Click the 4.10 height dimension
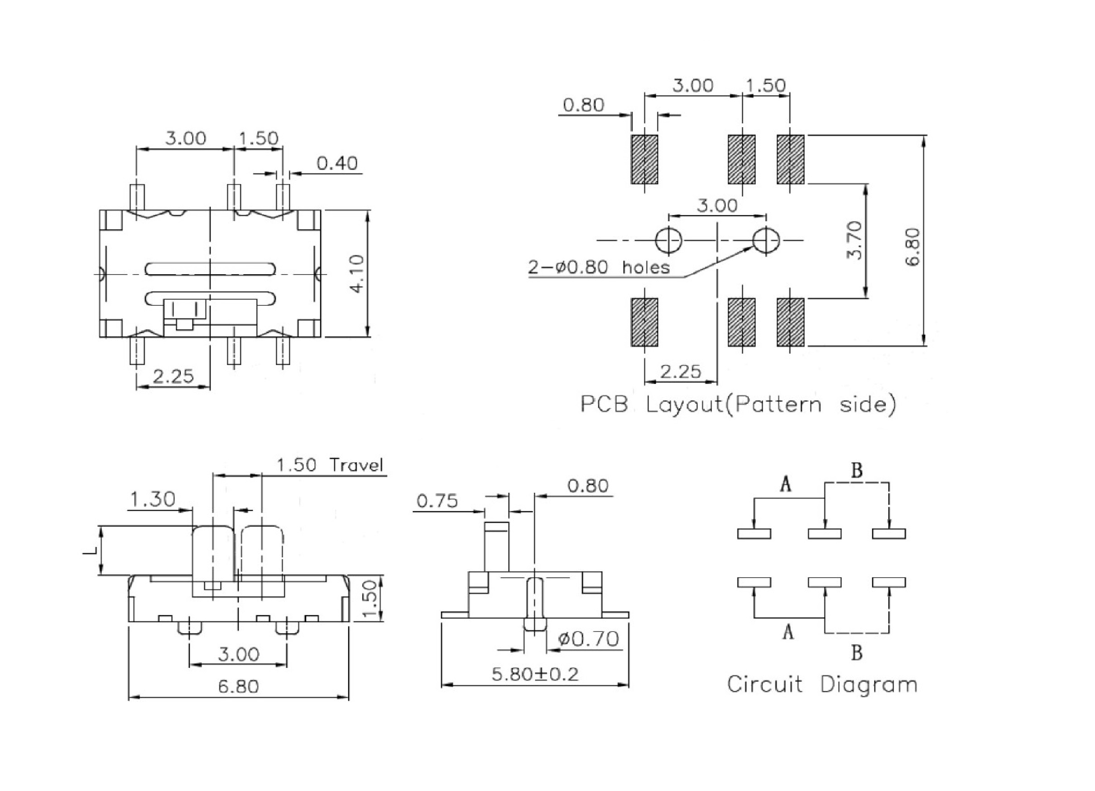point(358,273)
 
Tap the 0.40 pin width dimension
point(337,163)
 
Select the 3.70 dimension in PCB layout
point(854,240)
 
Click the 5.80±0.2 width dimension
point(535,674)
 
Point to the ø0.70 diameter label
point(588,639)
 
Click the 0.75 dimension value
point(437,501)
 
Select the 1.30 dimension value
point(153,499)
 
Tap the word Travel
point(356,465)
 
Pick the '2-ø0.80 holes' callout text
point(599,267)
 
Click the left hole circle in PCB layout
point(669,240)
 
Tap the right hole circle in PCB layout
point(766,240)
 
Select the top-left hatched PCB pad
point(644,159)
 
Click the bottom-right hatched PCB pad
point(790,322)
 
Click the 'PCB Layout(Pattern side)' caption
point(738,404)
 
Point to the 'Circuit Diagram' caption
point(822,684)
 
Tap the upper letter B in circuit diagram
point(857,470)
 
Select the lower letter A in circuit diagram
point(788,631)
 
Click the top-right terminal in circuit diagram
point(889,534)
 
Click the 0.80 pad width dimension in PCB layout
point(583,105)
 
